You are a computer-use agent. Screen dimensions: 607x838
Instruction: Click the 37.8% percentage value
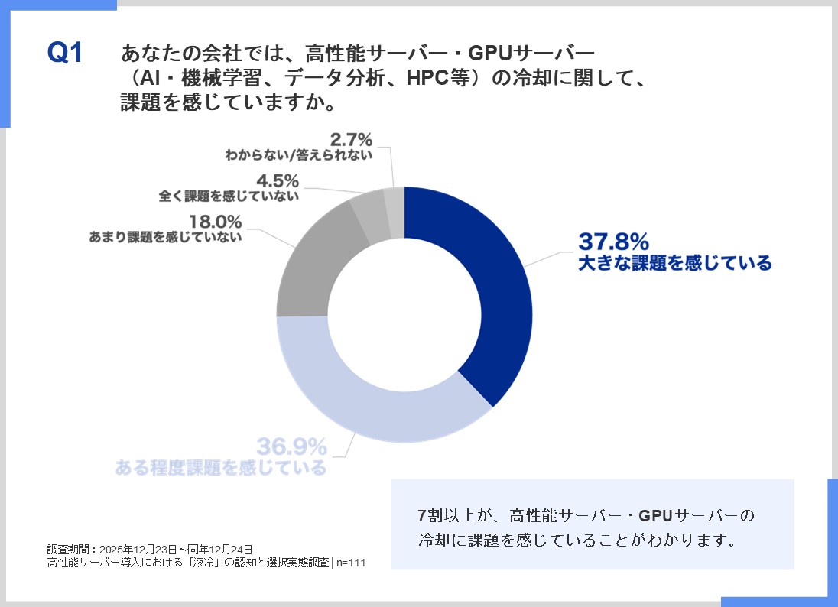click(x=613, y=242)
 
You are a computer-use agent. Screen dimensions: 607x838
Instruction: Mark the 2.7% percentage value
click(x=351, y=140)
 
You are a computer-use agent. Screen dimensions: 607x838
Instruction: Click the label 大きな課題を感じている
click(x=674, y=264)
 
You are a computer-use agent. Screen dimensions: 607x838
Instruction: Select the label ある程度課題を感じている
click(x=221, y=467)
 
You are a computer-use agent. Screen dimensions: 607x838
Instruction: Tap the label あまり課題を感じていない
click(x=166, y=237)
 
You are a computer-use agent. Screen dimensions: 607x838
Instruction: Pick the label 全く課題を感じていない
click(x=229, y=196)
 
